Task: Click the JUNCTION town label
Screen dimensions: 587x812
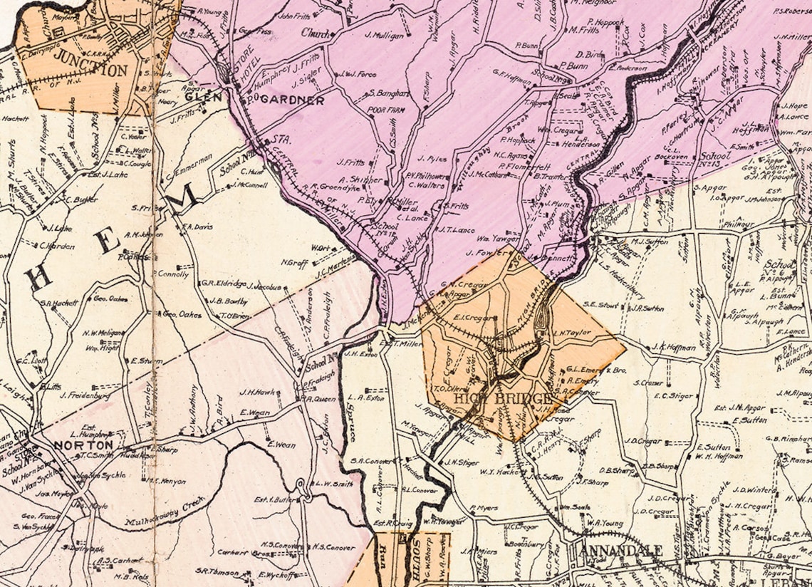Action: click(90, 71)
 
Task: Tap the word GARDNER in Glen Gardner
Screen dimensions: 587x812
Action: click(292, 100)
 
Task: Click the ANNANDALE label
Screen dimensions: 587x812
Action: click(622, 551)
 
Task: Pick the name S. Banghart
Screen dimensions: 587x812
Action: click(387, 93)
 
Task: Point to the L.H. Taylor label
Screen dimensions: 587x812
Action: click(572, 333)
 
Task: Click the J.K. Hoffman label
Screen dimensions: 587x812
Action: click(673, 347)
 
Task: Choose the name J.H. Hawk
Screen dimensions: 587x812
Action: click(257, 391)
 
